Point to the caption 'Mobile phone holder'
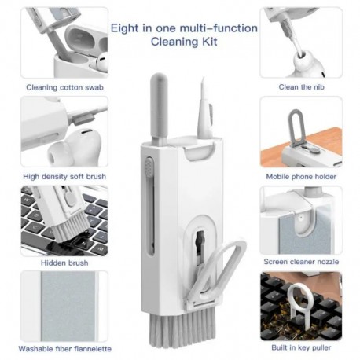click(301, 177)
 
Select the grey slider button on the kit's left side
click(147, 167)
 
